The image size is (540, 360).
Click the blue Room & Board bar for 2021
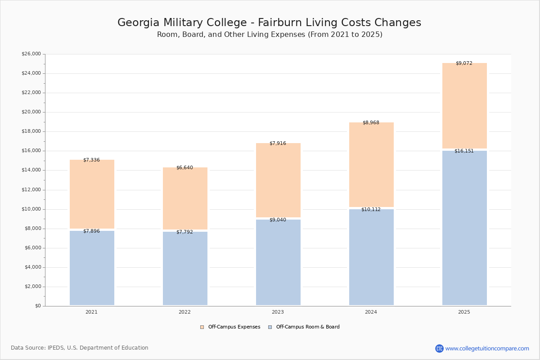point(92,268)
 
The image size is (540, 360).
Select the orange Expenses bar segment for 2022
point(185,198)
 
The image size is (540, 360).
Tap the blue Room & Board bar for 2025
point(464,228)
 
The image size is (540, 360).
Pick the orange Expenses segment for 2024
point(371,164)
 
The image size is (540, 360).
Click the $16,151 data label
point(464,151)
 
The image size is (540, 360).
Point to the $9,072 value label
point(464,63)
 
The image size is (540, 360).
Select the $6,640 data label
point(184,167)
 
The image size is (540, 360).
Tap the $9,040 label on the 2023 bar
point(278,220)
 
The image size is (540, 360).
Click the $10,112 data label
point(371,209)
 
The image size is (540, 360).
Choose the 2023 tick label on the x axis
point(278,312)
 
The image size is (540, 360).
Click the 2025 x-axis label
point(464,312)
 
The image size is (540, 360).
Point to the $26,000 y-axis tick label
point(31,54)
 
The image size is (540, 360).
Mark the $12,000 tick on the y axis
point(31,190)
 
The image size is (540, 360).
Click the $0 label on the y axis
point(38,306)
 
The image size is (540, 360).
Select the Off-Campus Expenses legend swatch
point(202,327)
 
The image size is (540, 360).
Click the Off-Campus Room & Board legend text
point(308,327)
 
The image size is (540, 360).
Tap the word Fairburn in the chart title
point(280,22)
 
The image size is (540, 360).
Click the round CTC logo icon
point(439,348)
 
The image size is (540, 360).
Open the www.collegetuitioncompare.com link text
point(487,348)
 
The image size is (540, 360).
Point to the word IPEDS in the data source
point(56,348)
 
